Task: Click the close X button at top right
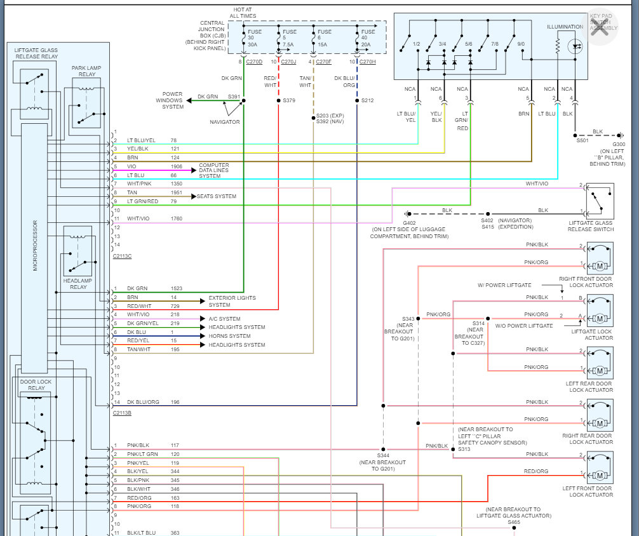click(600, 27)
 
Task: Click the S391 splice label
click(234, 97)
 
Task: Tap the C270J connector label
click(288, 62)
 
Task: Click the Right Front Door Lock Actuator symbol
click(600, 258)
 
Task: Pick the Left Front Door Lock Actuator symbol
click(600, 467)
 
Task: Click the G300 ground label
click(619, 144)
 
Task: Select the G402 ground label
click(409, 223)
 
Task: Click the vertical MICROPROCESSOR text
click(35, 246)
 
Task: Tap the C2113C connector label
click(122, 256)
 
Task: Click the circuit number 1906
click(177, 166)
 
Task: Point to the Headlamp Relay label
click(77, 284)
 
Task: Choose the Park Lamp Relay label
click(86, 71)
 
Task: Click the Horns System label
click(229, 336)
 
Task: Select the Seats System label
click(217, 196)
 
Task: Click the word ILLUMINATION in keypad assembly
click(565, 27)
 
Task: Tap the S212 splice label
click(367, 100)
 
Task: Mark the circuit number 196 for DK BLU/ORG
click(175, 402)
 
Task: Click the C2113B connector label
click(122, 413)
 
